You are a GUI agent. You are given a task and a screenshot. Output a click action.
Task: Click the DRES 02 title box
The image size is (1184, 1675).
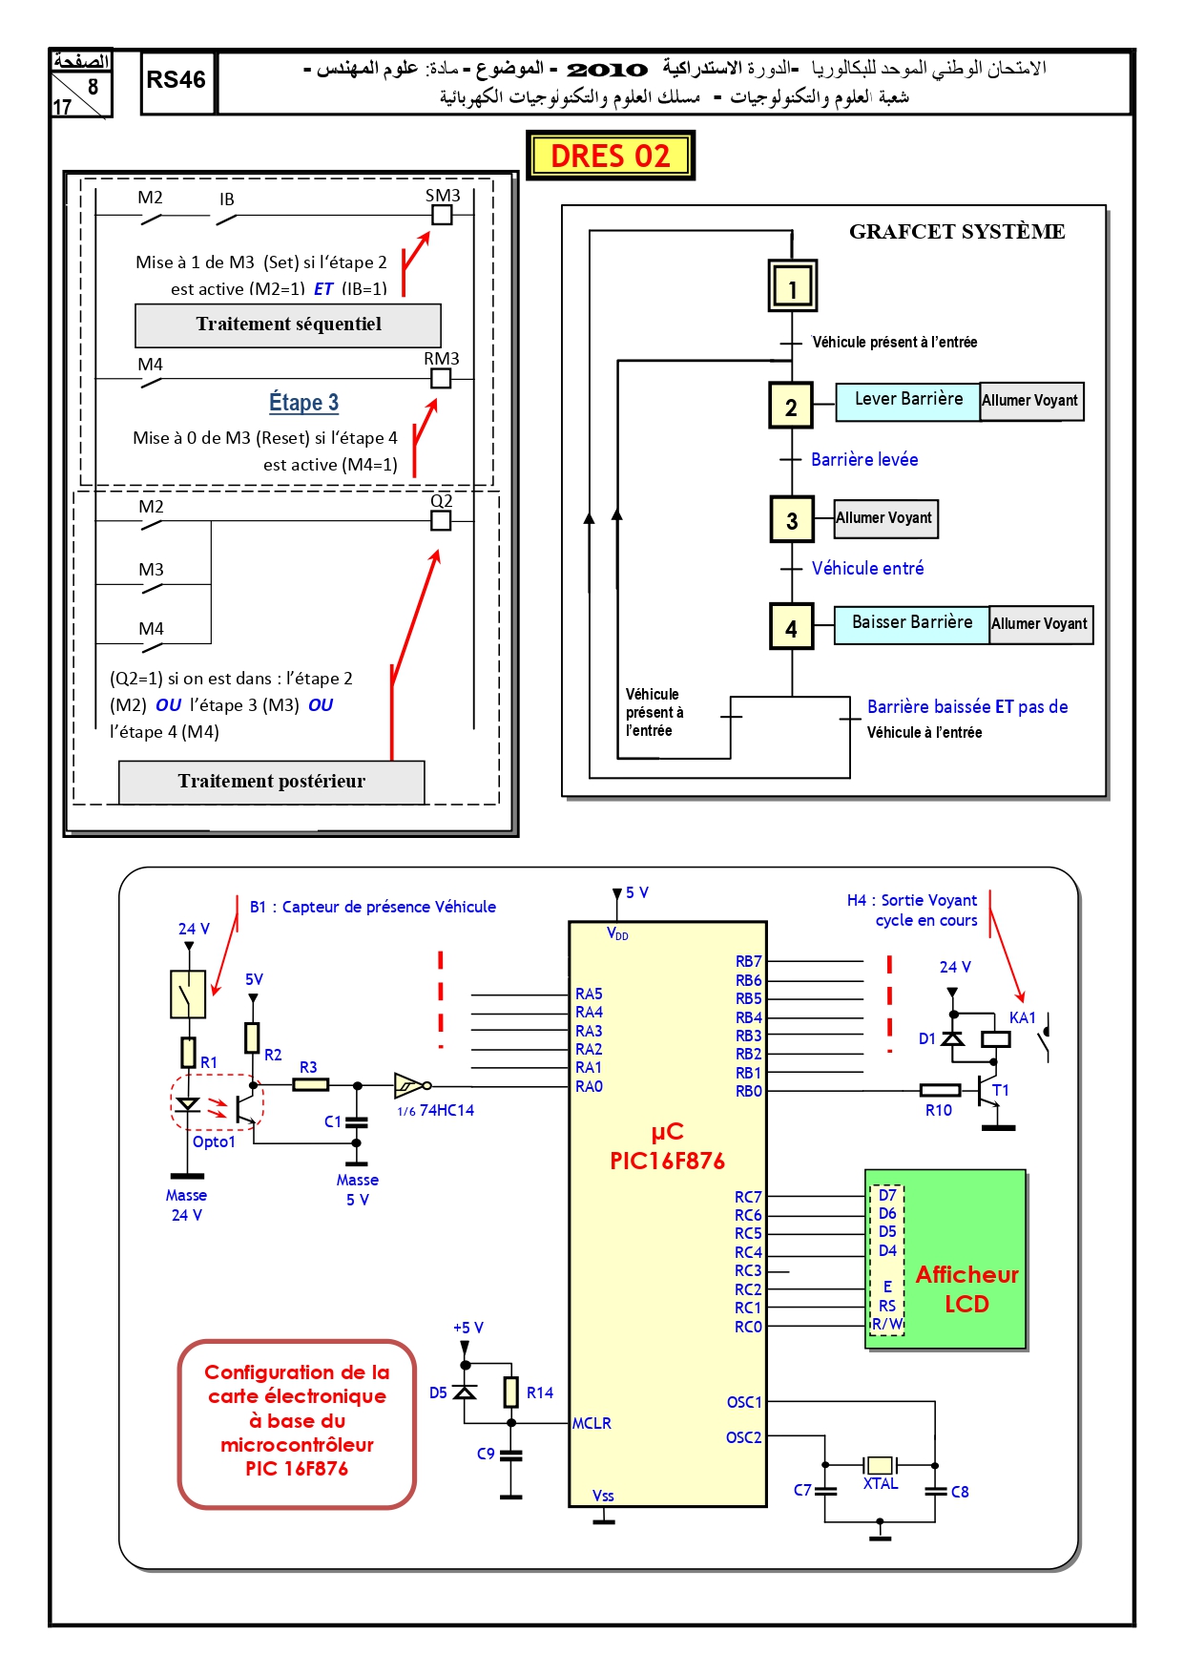[x=611, y=156]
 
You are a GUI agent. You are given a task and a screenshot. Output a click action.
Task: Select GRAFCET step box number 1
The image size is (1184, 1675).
[x=793, y=285]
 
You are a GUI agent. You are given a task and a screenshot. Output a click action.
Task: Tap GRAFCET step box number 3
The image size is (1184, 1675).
[x=792, y=519]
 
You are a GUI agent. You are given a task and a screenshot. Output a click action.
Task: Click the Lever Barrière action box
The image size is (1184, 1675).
[x=908, y=401]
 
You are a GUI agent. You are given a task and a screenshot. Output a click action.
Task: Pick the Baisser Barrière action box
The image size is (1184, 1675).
[x=912, y=624]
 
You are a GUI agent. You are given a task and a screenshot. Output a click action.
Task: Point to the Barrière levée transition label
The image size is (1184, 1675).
[x=864, y=460]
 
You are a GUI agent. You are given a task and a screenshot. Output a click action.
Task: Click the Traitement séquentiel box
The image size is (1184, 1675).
[x=288, y=325]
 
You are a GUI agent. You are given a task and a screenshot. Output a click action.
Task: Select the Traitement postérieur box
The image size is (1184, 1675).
[x=272, y=783]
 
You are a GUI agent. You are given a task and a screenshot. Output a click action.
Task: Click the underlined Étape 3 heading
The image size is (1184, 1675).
[x=303, y=403]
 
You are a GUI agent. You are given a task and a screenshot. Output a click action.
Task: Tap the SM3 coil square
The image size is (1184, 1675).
[x=442, y=215]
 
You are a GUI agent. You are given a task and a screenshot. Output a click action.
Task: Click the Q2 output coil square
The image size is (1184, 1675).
[x=441, y=520]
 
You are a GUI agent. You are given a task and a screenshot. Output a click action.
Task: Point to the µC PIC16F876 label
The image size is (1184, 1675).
[x=667, y=1146]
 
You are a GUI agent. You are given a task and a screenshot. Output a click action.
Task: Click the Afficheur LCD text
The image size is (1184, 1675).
[x=967, y=1289]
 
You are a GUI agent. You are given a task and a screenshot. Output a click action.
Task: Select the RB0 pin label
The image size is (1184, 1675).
[x=749, y=1092]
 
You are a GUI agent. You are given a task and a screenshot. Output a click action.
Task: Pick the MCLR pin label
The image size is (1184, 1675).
[x=592, y=1423]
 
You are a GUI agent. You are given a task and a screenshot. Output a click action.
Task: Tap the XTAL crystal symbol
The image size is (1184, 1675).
[x=880, y=1465]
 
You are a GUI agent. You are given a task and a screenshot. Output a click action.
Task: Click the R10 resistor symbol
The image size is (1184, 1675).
[x=940, y=1090]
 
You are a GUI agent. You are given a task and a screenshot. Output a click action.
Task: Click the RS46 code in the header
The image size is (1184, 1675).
[x=177, y=80]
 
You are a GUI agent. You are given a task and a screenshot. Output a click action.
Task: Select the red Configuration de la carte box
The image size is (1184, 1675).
[x=297, y=1424]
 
